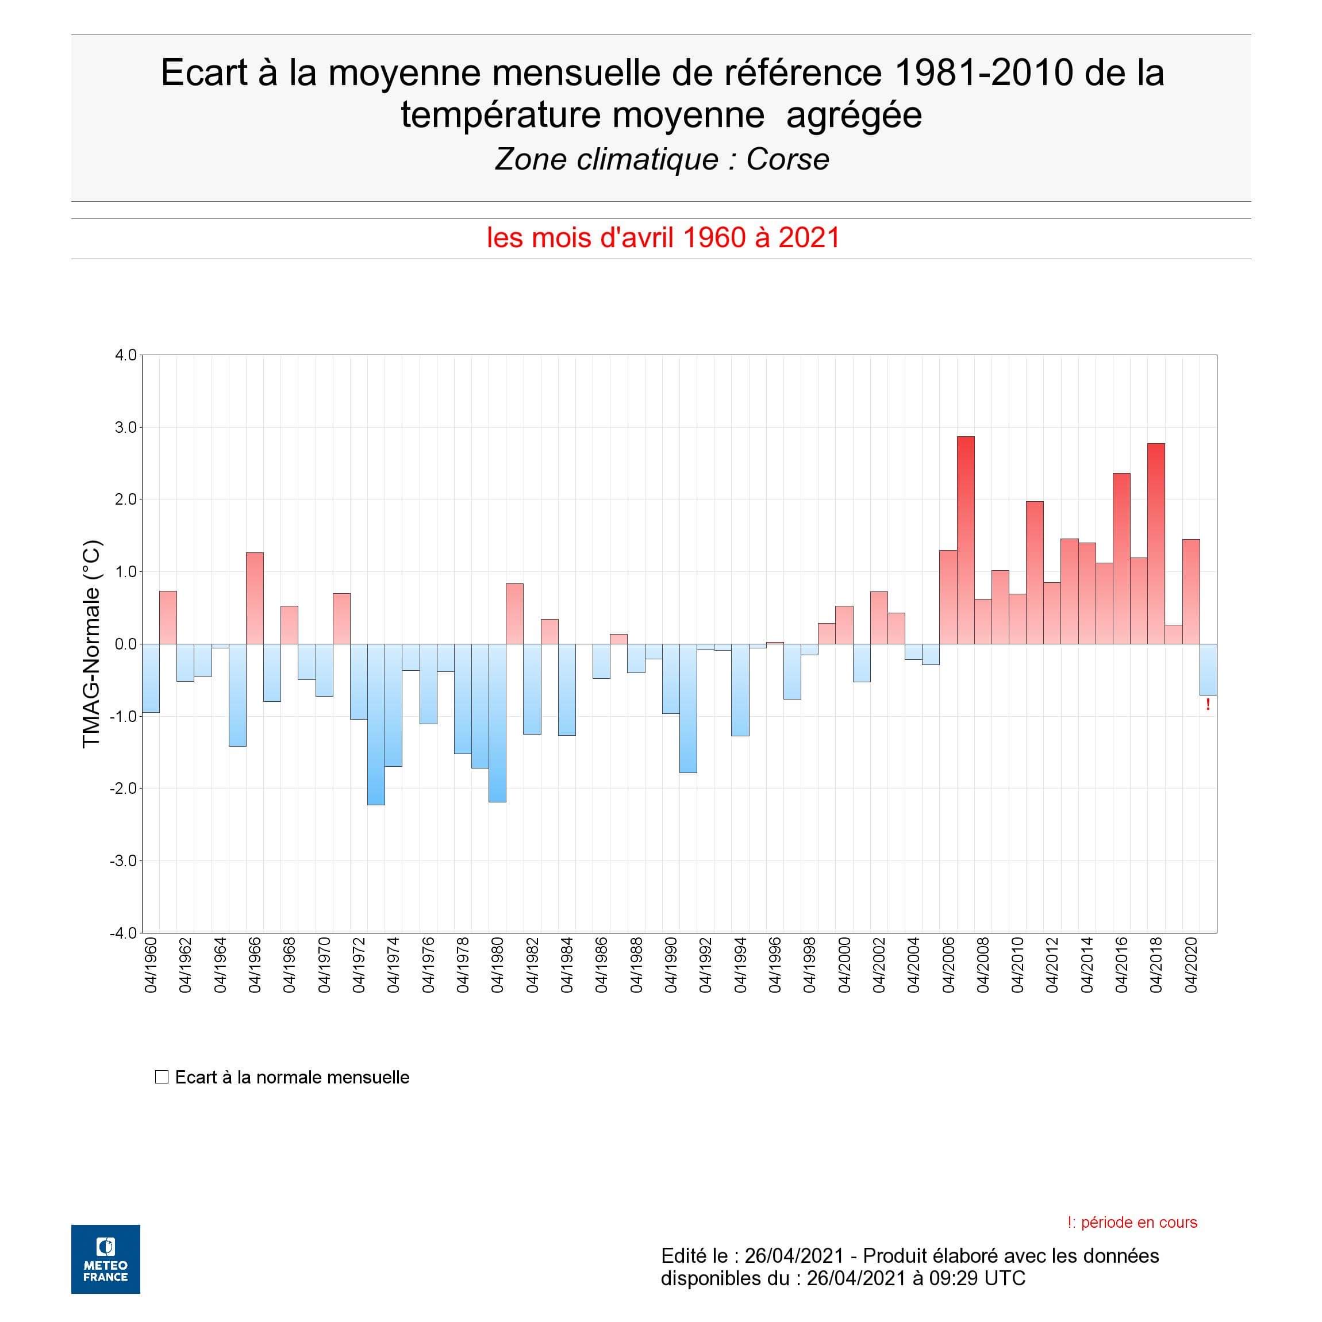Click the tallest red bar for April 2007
(x=966, y=540)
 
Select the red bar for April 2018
(x=1156, y=543)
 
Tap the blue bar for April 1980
(x=497, y=723)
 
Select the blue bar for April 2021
(x=1208, y=669)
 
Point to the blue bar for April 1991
(x=687, y=708)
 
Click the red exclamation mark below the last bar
(x=1208, y=705)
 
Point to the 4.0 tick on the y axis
(x=126, y=355)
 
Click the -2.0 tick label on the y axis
(x=124, y=788)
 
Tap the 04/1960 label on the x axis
(x=151, y=966)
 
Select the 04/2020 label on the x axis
(x=1192, y=966)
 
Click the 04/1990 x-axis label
(x=671, y=966)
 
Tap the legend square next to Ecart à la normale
(x=162, y=1077)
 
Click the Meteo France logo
(x=105, y=1259)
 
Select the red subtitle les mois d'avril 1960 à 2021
(x=662, y=237)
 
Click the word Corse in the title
(x=787, y=159)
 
